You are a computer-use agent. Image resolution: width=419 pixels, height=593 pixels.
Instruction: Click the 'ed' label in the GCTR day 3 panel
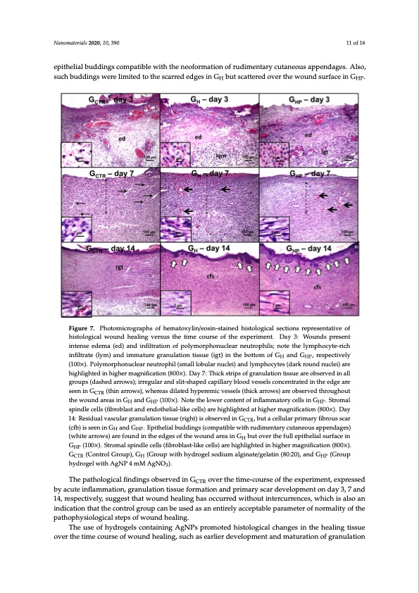pyautogui.click(x=103, y=137)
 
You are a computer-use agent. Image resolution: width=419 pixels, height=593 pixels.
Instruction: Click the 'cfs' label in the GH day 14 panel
pyautogui.click(x=211, y=276)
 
